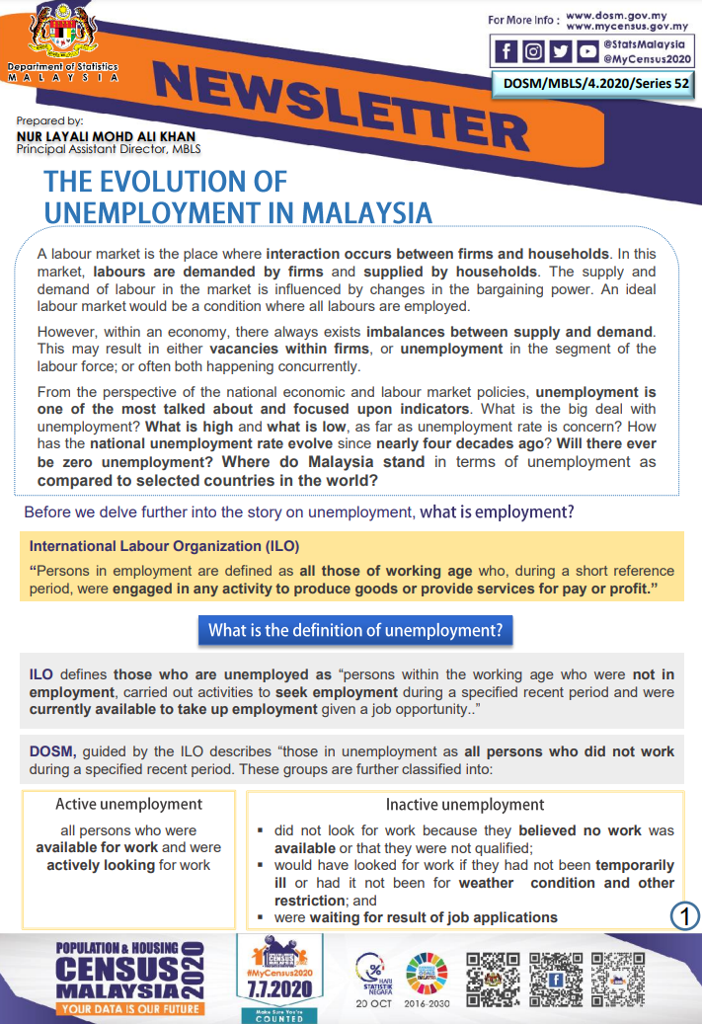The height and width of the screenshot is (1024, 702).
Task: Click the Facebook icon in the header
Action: click(507, 52)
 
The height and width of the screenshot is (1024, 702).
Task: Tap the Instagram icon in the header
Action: click(533, 52)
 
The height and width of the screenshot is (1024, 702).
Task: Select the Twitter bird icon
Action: click(560, 52)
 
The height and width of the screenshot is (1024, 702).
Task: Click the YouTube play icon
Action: click(586, 52)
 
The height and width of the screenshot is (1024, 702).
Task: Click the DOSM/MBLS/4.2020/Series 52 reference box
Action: click(596, 84)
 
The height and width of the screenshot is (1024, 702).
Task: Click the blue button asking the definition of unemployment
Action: click(355, 630)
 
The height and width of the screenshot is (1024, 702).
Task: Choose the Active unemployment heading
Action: click(128, 804)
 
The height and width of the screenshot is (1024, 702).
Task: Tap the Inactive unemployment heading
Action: click(464, 804)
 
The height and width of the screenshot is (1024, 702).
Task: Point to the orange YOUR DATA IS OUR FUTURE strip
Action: click(130, 1009)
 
